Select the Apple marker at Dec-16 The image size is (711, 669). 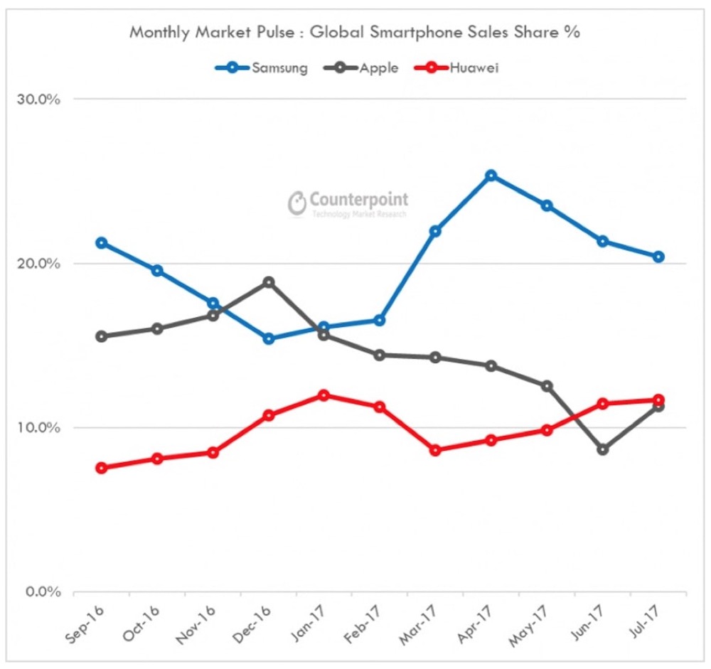pos(268,282)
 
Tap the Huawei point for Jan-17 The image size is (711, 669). pos(324,395)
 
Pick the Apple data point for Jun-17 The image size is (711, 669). pos(603,449)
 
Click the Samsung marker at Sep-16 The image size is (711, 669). pos(102,243)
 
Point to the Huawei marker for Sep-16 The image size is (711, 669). pos(102,468)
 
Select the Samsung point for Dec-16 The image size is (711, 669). pos(268,338)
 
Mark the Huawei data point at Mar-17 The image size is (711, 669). pos(436,450)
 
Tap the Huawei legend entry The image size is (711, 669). pos(462,68)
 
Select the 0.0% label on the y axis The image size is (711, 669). pos(42,592)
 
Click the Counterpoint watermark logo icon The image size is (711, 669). pos(296,203)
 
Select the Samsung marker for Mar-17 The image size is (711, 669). pos(436,231)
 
